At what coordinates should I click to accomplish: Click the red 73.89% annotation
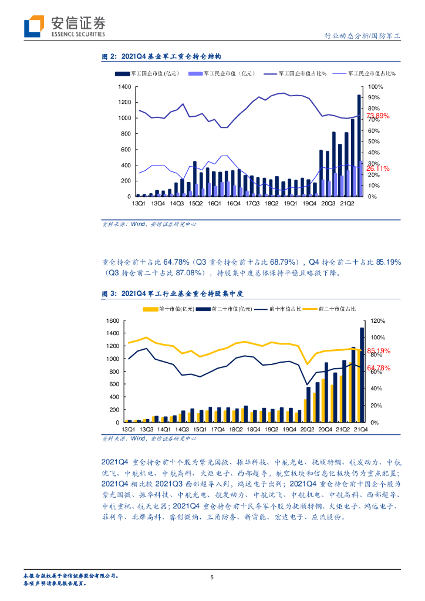pos(377,116)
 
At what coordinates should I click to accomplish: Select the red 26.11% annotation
pos(377,168)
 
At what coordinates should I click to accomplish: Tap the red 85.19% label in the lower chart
pos(379,352)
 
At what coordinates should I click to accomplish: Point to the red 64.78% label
pos(379,368)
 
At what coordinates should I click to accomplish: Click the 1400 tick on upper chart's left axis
pos(124,87)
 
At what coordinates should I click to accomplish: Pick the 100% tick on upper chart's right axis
pos(375,87)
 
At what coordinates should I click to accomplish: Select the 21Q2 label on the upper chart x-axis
pos(346,203)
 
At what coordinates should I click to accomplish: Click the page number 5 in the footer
pos(212,578)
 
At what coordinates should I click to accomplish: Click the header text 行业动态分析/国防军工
pos(362,36)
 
